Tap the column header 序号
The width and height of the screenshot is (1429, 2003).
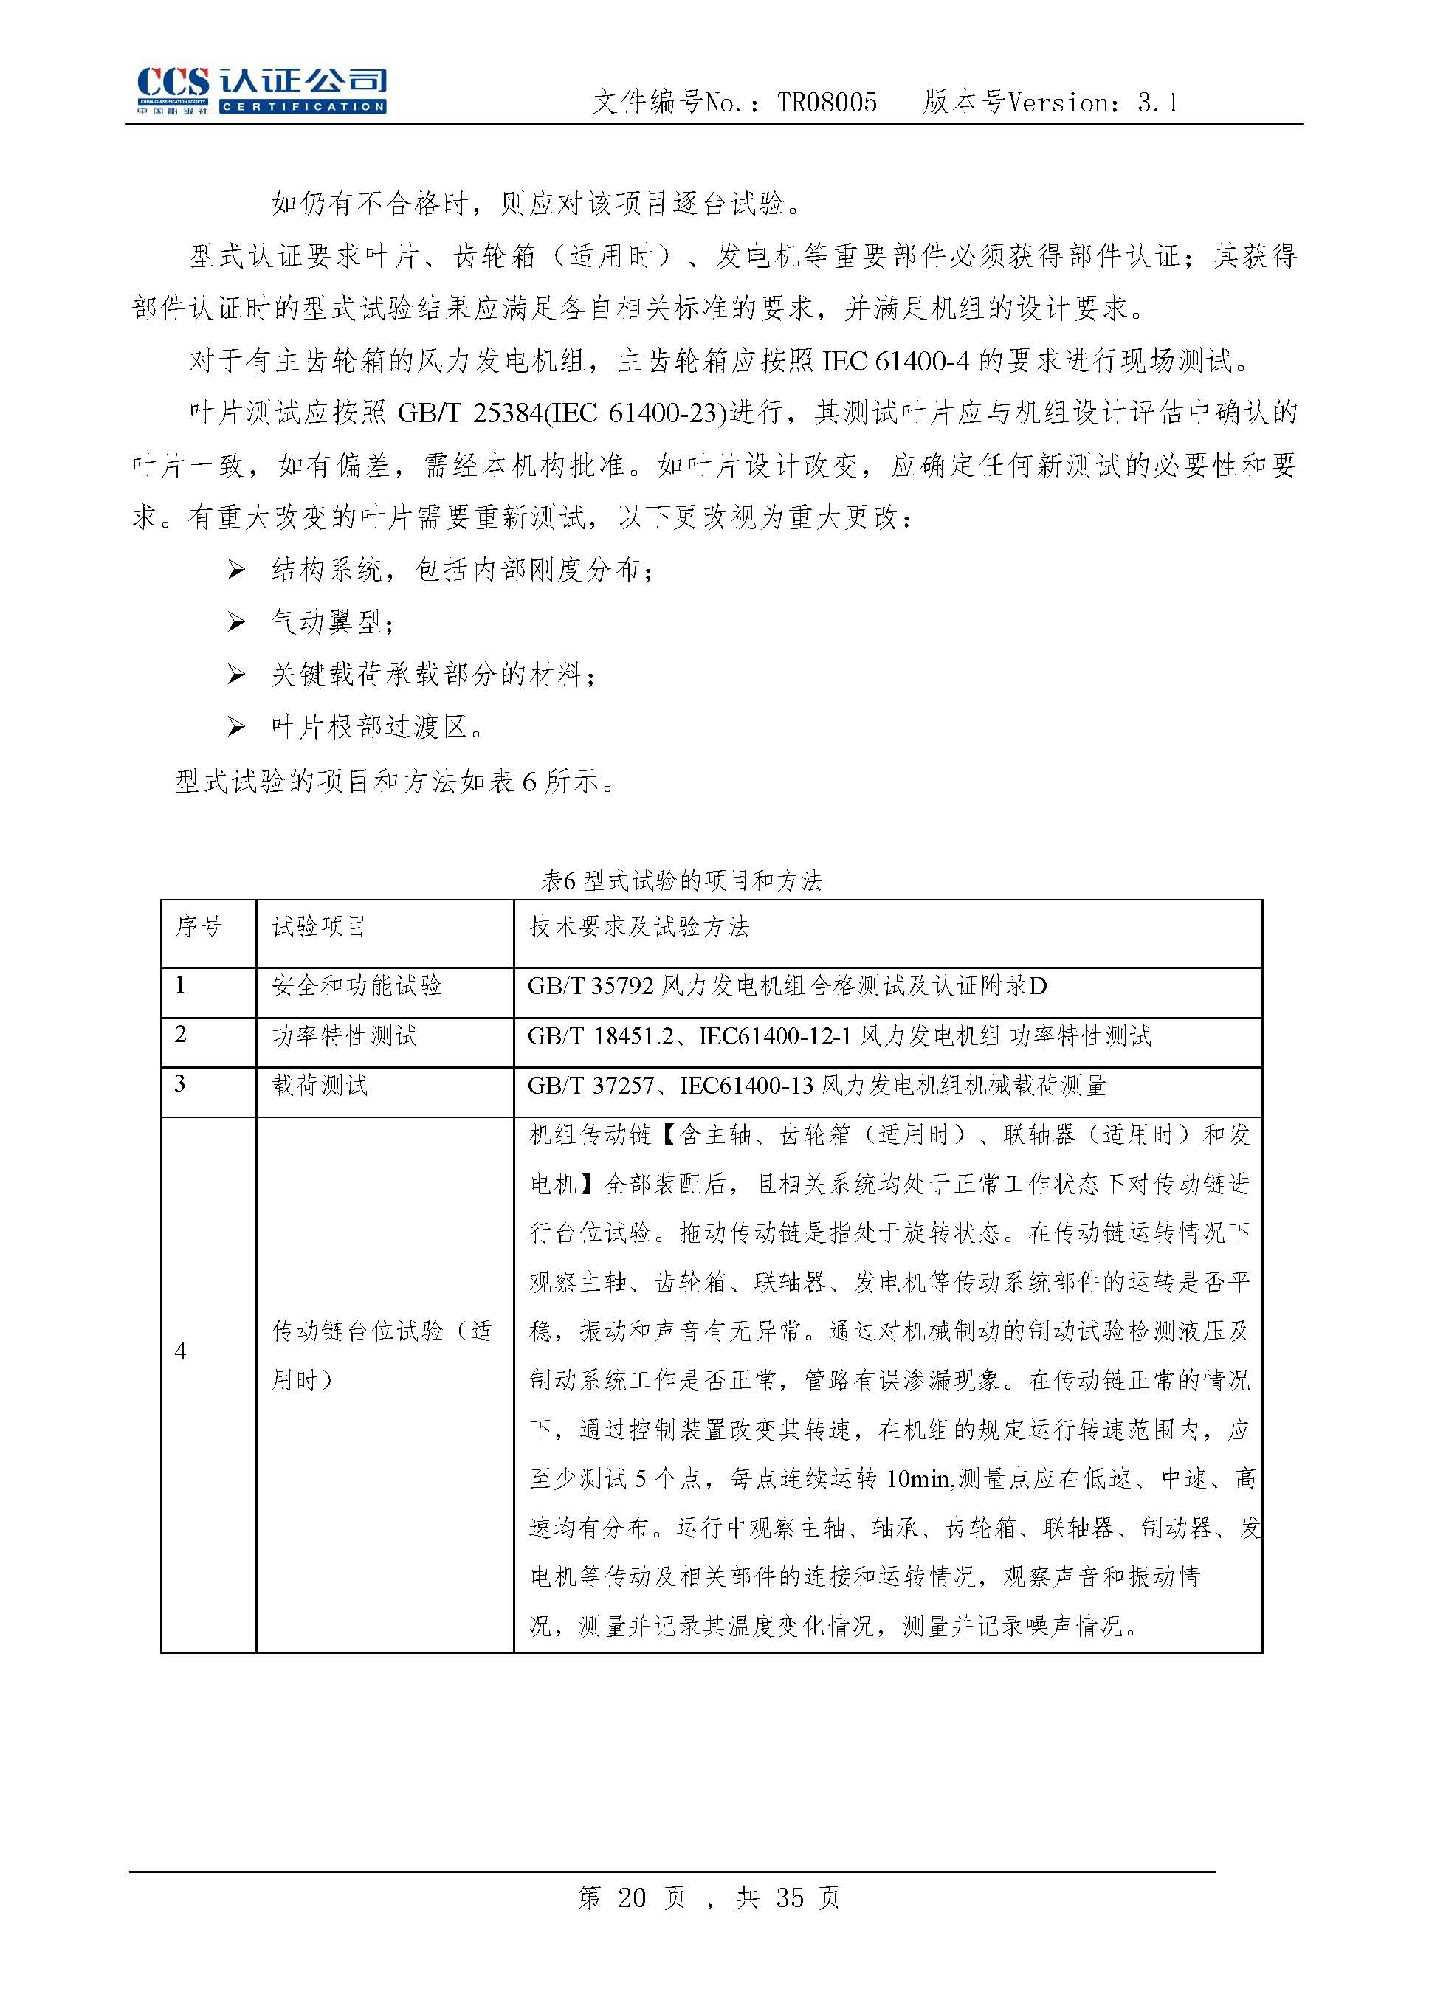(x=199, y=926)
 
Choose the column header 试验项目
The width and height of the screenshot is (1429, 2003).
(x=319, y=926)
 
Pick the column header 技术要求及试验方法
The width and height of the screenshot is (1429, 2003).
(x=638, y=926)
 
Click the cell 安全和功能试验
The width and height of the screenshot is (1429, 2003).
(x=357, y=986)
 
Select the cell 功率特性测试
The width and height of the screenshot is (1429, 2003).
(x=344, y=1036)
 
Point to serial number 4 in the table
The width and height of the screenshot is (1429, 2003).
(x=180, y=1352)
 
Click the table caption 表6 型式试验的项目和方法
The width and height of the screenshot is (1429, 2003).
(x=681, y=880)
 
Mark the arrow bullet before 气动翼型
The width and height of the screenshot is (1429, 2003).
(x=235, y=623)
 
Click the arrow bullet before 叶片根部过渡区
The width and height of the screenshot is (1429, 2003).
(x=235, y=728)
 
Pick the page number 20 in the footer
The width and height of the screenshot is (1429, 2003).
(x=632, y=1897)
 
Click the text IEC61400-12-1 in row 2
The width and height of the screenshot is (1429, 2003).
(x=775, y=1036)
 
